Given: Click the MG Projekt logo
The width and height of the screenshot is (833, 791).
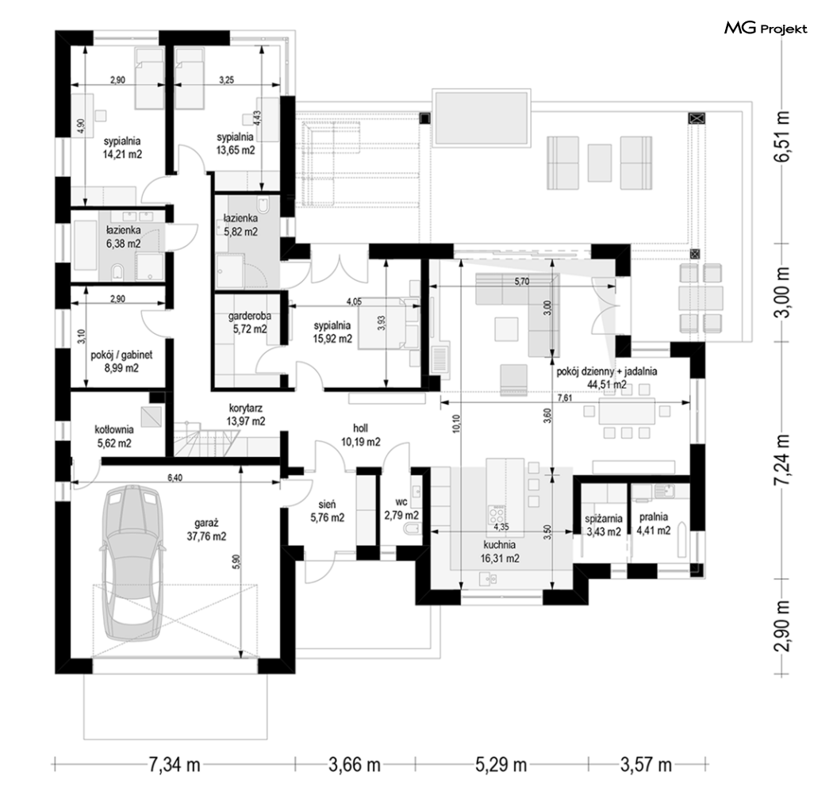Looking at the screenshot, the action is click(766, 28).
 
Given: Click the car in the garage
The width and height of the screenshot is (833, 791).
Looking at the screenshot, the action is click(132, 564).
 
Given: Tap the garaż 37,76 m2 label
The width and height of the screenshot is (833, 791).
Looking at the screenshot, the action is click(206, 530).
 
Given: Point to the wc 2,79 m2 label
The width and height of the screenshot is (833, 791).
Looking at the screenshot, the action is click(401, 509).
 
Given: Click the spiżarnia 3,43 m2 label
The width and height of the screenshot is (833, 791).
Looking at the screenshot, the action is click(603, 524).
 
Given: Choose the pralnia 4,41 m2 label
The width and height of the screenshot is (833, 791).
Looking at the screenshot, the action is click(654, 524).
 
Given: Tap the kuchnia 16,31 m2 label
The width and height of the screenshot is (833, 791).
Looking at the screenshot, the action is click(499, 551).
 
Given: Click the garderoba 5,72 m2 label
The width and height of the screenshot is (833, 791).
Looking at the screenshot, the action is click(250, 322).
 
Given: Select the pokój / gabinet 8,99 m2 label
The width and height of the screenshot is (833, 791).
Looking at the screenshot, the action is click(121, 361).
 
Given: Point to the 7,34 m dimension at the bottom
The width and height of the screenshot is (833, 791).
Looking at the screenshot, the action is click(175, 765).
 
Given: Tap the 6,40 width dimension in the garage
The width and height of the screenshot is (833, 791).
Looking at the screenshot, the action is click(175, 478).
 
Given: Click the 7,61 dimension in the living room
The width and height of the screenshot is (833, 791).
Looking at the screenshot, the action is click(565, 397).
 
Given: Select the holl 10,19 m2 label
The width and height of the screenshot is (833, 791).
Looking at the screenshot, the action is click(360, 435).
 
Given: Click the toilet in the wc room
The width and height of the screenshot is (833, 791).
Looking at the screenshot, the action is click(413, 529).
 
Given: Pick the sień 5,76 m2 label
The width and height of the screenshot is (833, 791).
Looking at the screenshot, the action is click(327, 510).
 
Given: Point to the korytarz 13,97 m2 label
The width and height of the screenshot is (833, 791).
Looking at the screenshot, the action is click(246, 415).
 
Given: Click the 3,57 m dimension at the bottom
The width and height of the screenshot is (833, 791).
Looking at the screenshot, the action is click(646, 765).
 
